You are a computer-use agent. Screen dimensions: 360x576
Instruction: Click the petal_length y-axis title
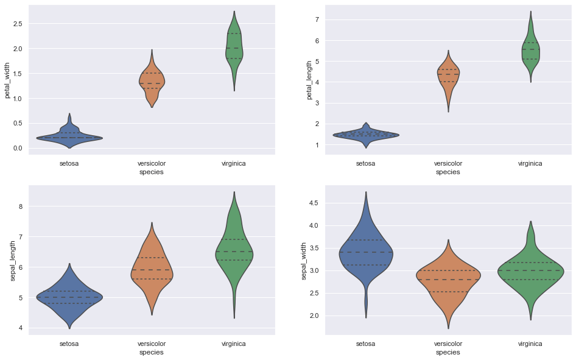(309, 79)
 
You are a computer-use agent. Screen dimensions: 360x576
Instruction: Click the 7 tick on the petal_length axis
(318, 19)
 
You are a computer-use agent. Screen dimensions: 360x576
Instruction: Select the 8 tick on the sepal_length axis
(20, 206)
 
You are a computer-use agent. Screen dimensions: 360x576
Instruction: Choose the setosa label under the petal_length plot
(365, 163)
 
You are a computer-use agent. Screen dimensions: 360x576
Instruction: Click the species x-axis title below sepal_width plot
(448, 352)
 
